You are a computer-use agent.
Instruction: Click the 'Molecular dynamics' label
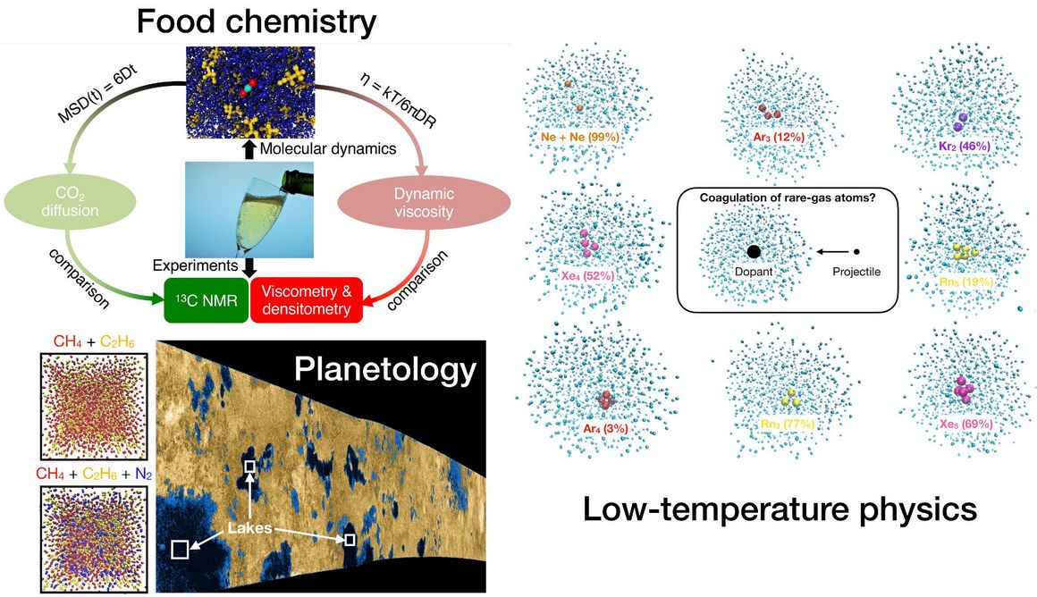(326, 148)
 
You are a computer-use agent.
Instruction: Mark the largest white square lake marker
(180, 549)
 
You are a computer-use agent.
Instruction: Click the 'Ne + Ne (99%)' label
(580, 137)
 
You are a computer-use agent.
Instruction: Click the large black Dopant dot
(753, 253)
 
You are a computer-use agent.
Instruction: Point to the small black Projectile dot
(856, 253)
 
